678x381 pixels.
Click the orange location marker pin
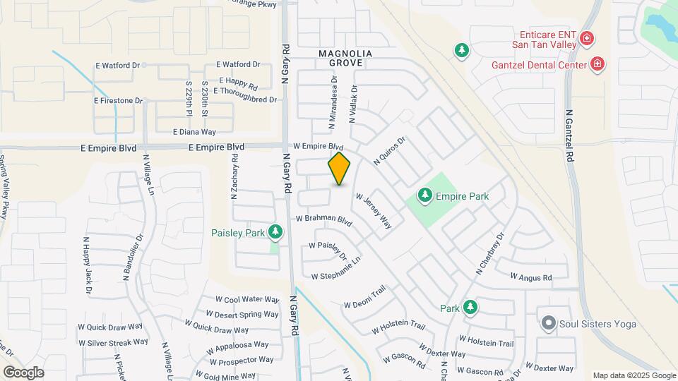339,169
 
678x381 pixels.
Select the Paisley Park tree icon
275,232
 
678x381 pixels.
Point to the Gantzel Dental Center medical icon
597,65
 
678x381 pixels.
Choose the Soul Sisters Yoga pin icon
548,324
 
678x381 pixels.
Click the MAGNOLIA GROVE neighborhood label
340,58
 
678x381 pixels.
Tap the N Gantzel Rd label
569,137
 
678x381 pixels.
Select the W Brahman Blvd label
323,219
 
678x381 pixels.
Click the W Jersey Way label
374,210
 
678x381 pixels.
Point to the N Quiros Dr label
390,151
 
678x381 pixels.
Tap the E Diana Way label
194,131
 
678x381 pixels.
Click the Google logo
23,372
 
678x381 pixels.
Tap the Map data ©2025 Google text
634,375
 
